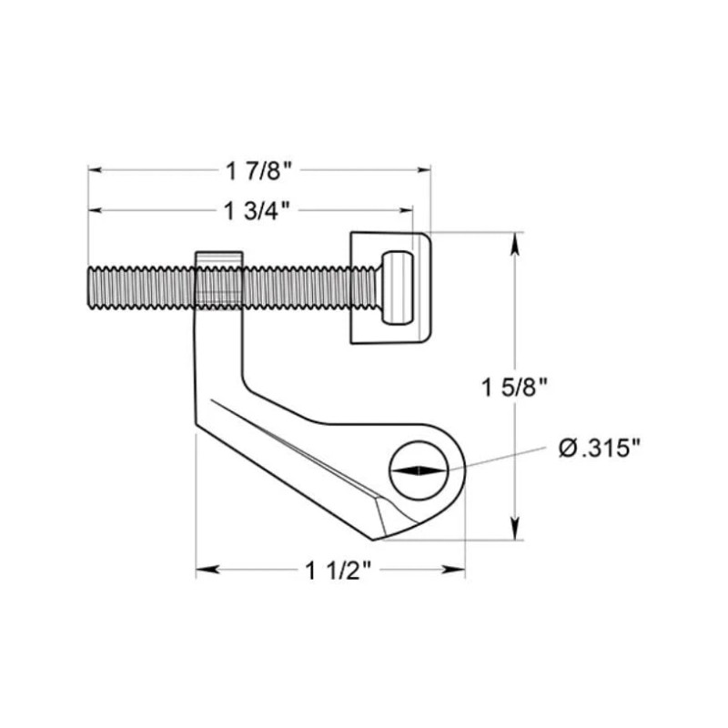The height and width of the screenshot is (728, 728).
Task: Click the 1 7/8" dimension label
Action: click(x=259, y=170)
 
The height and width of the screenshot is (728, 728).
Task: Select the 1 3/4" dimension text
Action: click(x=258, y=211)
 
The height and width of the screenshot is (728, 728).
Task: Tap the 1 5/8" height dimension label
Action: click(x=515, y=388)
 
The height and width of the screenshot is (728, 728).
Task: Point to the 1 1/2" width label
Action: click(x=339, y=571)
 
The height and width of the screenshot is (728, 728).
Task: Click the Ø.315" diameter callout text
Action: click(x=600, y=449)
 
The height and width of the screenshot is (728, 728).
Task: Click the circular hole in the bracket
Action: click(x=419, y=470)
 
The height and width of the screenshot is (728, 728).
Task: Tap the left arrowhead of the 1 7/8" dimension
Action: click(x=96, y=170)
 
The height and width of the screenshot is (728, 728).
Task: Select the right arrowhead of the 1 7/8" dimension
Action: click(x=424, y=170)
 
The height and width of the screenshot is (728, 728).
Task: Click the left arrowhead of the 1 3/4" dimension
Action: click(x=96, y=210)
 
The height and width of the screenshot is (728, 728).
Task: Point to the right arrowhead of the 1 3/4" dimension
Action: click(x=406, y=210)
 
